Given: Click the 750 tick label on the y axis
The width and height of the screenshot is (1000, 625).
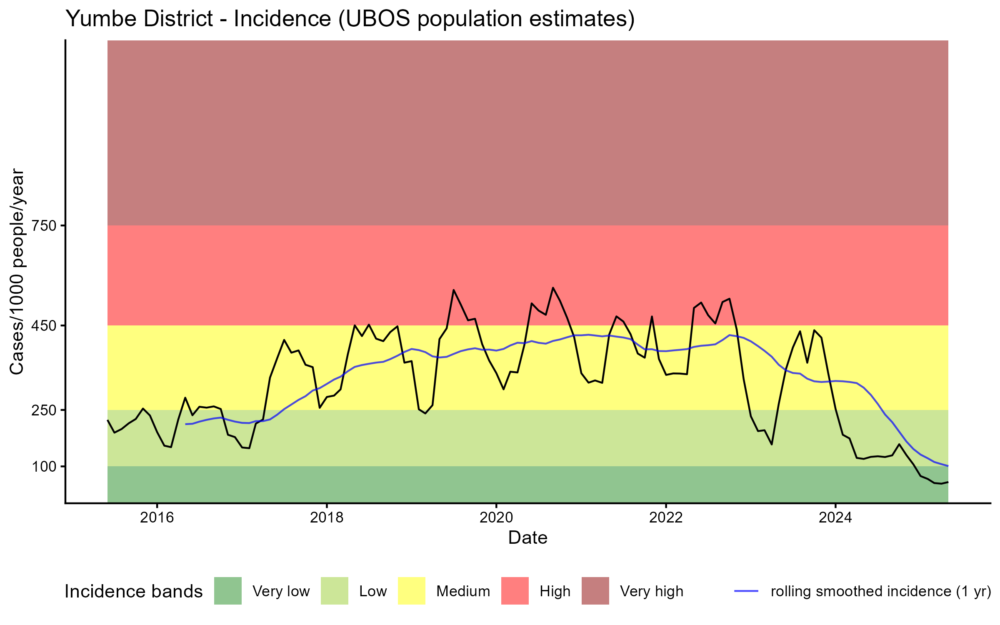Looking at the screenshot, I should coord(45,226).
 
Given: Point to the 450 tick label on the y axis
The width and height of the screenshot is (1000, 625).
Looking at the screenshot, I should coord(45,326).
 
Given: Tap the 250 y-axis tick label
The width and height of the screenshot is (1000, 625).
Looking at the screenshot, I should coord(45,410).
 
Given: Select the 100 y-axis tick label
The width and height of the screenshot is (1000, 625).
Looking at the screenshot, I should coord(45,467).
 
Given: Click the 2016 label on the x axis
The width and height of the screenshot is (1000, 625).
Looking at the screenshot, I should coord(157,517).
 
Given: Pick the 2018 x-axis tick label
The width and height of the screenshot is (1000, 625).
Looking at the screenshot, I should coord(327,517).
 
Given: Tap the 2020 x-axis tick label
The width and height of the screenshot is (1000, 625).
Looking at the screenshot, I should coord(496,517).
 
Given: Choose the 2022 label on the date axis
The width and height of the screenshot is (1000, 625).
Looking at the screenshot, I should coord(666,517).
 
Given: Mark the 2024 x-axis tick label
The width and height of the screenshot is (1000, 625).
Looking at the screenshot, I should coord(835,517).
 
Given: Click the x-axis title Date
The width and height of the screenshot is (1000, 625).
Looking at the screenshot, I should coord(527,538).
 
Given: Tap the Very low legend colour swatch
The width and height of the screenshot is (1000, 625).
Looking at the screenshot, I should coord(228,591).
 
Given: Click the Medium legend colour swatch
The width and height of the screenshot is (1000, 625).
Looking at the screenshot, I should coord(412,591).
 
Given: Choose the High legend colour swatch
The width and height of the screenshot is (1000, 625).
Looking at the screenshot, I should coord(515,591).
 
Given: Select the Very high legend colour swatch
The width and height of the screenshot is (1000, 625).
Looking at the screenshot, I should coord(595,591).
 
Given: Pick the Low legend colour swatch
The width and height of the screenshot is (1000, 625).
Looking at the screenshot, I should coord(335,591).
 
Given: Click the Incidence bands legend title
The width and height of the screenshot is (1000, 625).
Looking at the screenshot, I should coord(134,592).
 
